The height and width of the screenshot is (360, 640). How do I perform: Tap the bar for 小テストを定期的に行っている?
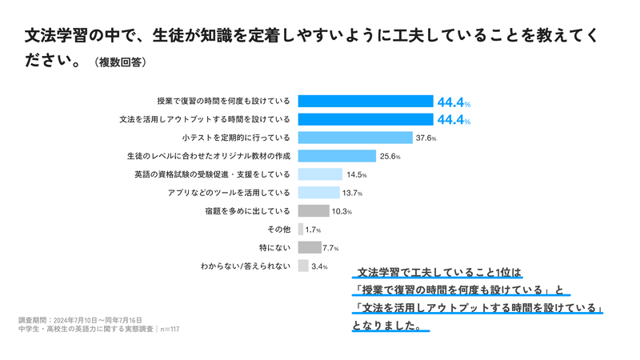click(355, 138)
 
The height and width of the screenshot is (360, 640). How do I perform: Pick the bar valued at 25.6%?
click(337, 156)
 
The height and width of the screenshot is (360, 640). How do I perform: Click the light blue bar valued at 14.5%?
click(320, 174)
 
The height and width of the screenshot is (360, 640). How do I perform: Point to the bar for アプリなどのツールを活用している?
click(318, 193)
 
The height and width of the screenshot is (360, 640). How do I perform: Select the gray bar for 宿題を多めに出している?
click(314, 211)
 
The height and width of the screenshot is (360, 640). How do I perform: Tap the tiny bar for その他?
click(300, 230)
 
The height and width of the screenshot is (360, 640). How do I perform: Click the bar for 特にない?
click(310, 247)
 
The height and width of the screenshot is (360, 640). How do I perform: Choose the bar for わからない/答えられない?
click(303, 266)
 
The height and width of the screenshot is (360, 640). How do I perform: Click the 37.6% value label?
click(425, 138)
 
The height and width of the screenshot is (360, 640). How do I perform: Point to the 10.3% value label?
click(342, 211)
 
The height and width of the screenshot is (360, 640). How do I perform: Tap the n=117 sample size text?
click(168, 328)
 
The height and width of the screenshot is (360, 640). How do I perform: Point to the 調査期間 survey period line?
click(80, 319)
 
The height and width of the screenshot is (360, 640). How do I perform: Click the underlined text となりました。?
click(389, 326)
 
